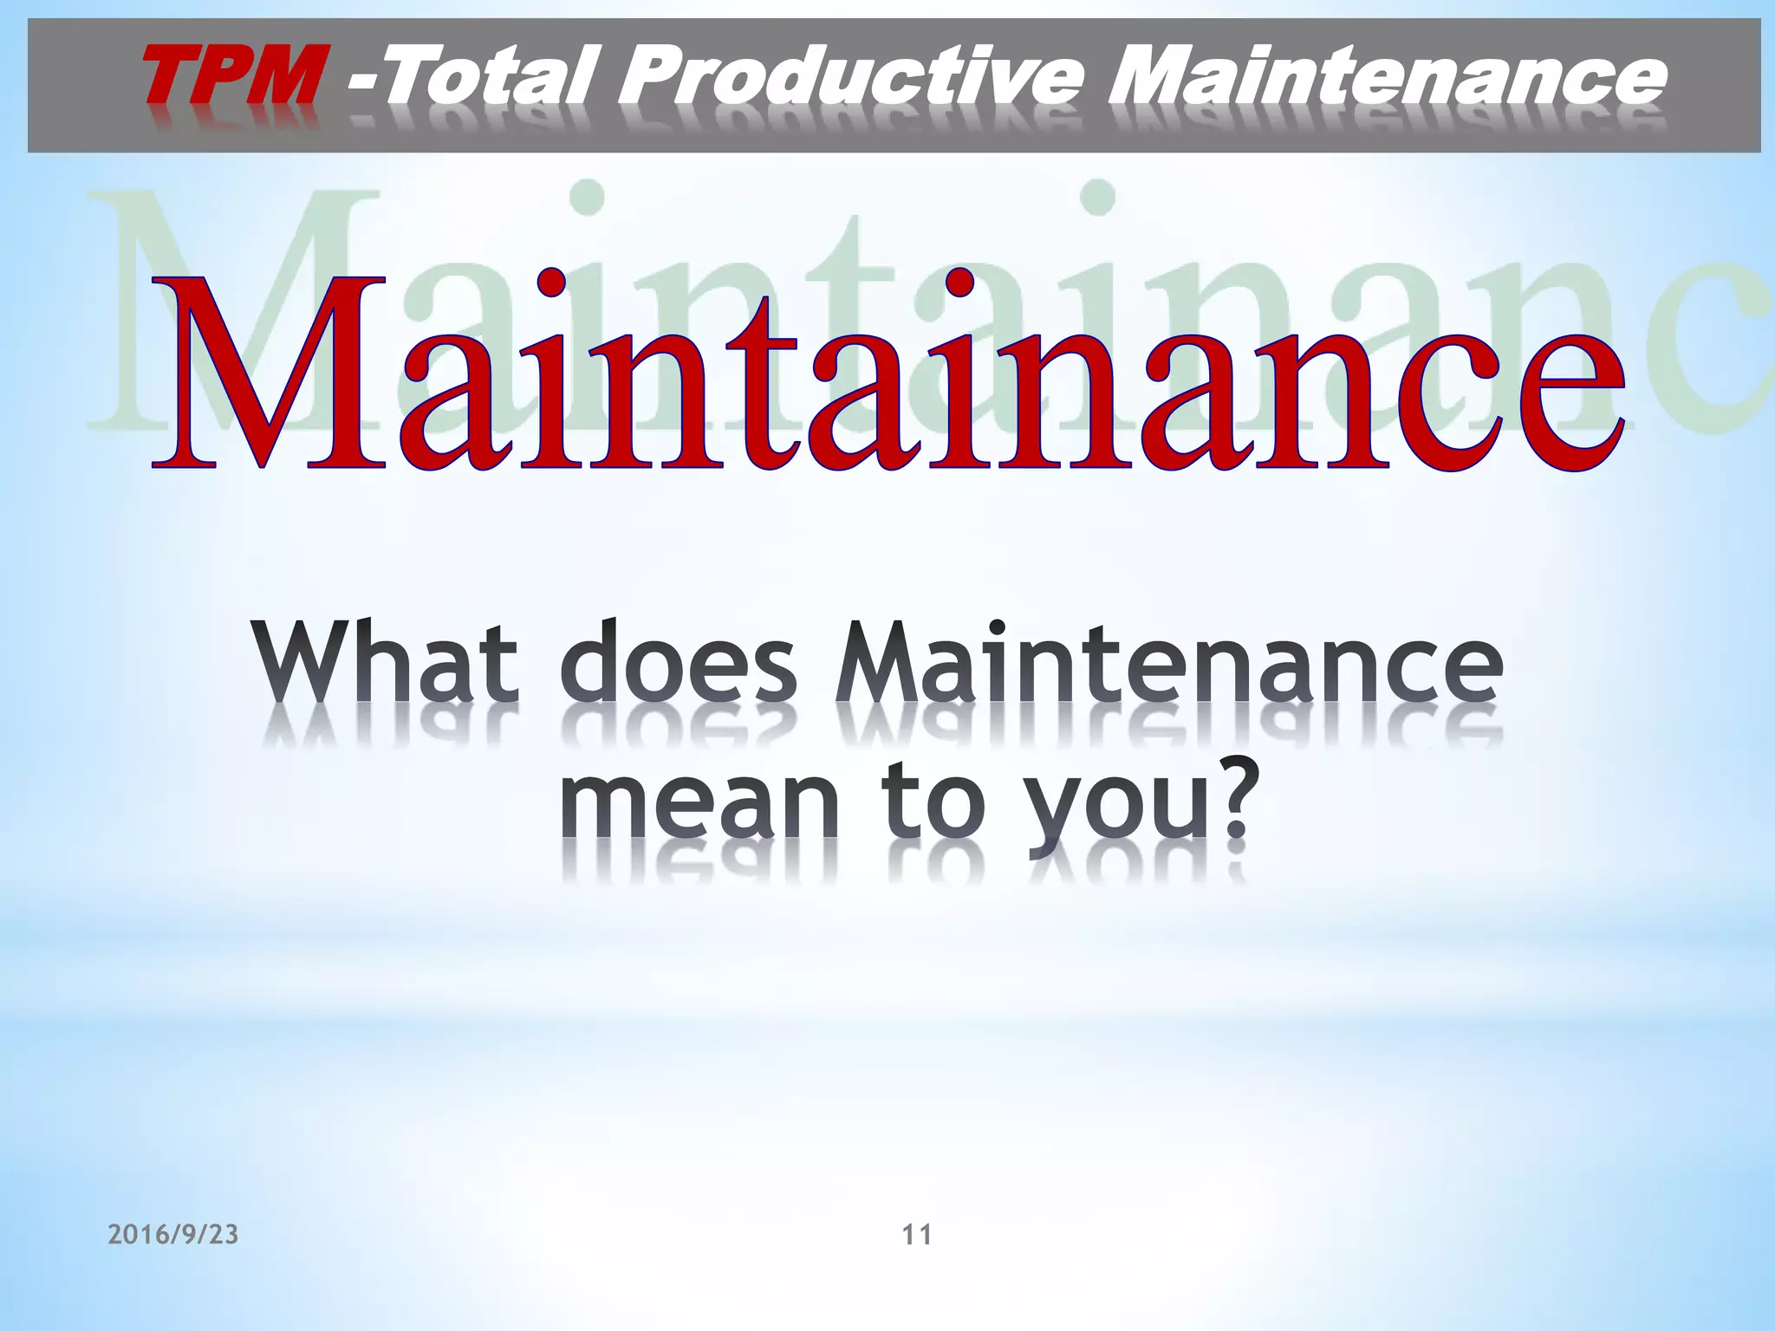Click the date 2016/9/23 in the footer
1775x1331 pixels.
(x=173, y=1235)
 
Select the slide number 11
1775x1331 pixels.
(x=917, y=1235)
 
